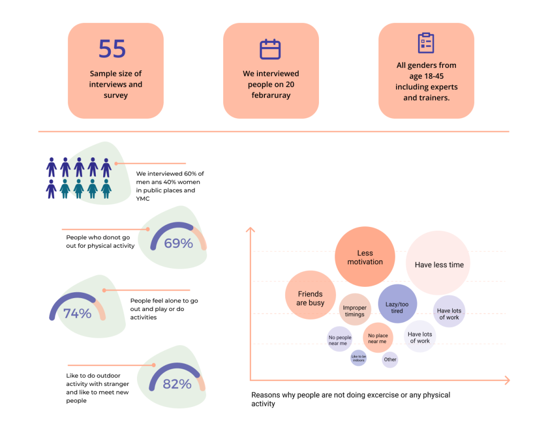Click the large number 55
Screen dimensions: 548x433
pyautogui.click(x=112, y=49)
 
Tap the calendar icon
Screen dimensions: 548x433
pyautogui.click(x=270, y=49)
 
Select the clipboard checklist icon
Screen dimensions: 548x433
pyautogui.click(x=426, y=43)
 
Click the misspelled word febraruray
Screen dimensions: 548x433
pyautogui.click(x=271, y=95)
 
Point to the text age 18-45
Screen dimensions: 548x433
pyautogui.click(x=427, y=76)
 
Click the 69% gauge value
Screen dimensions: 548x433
pyautogui.click(x=179, y=243)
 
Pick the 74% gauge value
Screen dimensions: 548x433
pyautogui.click(x=77, y=314)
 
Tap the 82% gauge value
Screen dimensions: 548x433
pyautogui.click(x=177, y=384)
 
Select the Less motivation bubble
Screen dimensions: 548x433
pyautogui.click(x=365, y=257)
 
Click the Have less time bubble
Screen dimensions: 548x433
pyautogui.click(x=438, y=263)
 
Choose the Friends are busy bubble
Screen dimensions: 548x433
pyautogui.click(x=310, y=295)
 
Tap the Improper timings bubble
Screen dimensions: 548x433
pyautogui.click(x=355, y=309)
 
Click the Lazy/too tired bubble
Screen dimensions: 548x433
pyautogui.click(x=398, y=303)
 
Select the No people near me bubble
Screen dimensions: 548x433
pyautogui.click(x=339, y=339)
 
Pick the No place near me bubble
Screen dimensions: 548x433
pyautogui.click(x=378, y=338)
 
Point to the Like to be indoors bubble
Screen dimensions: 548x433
pyautogui.click(x=359, y=358)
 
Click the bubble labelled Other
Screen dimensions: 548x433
pyautogui.click(x=390, y=360)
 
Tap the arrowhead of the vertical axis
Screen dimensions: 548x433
pyautogui.click(x=250, y=230)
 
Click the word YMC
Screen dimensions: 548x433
pyautogui.click(x=143, y=199)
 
